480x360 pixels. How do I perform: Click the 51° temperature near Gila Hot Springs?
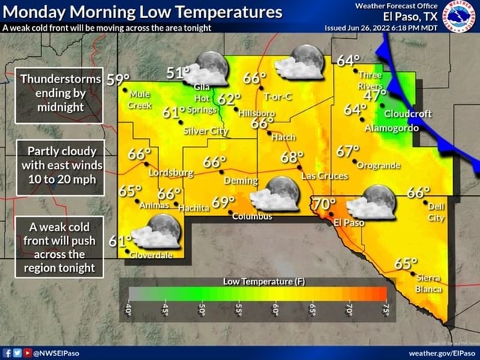(177, 73)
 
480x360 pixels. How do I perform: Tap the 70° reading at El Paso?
(324, 204)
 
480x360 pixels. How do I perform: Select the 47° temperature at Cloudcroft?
(373, 96)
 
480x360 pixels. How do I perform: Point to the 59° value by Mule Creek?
(118, 79)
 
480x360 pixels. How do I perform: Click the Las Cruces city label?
(324, 175)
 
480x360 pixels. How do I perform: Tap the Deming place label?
(241, 181)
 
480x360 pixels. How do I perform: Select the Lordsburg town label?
(172, 172)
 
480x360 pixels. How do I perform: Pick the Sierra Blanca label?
(429, 283)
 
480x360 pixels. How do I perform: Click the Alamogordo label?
(391, 128)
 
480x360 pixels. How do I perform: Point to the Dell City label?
(436, 211)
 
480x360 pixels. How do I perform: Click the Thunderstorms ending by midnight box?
(59, 93)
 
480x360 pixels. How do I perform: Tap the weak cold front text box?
(59, 247)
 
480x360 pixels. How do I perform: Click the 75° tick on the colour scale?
(385, 309)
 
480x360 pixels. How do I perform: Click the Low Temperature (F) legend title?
(264, 280)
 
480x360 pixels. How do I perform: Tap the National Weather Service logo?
(459, 16)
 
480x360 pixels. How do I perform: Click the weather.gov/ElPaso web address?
(442, 352)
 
